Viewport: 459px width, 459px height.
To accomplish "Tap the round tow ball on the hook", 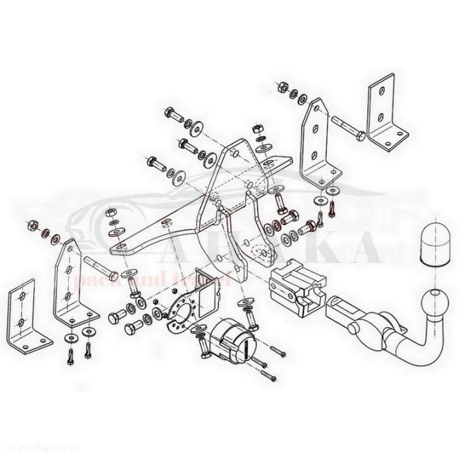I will tap(434, 298).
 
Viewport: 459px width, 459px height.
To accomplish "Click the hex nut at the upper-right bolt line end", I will tap(282, 87).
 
